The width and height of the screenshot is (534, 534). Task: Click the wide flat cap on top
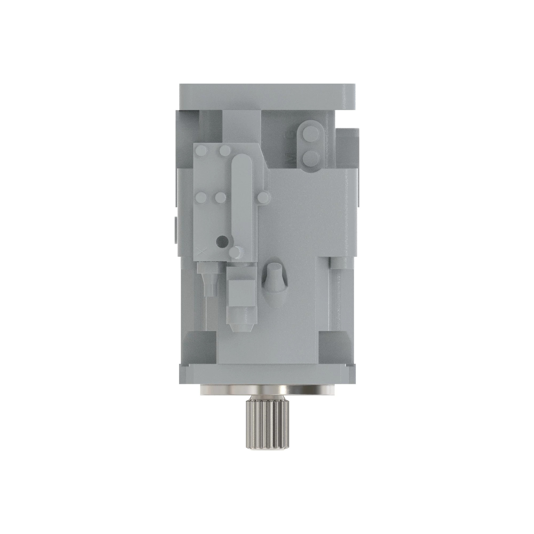267,96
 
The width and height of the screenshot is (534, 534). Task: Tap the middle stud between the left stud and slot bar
221,197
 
